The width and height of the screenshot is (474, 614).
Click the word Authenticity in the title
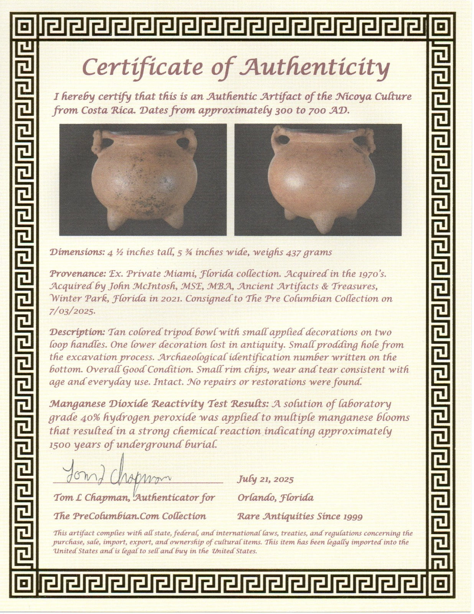point(314,68)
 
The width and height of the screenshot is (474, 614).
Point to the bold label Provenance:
point(77,274)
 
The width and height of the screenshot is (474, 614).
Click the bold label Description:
point(77,332)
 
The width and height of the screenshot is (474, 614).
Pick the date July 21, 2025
point(265,479)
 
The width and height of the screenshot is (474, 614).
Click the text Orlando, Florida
point(275,498)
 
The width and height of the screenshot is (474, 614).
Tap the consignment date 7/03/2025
point(72,311)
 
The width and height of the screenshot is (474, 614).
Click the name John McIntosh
point(126,286)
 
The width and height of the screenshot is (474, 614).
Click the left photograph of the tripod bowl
point(143,179)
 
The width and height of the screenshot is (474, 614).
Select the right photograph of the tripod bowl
point(318,179)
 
